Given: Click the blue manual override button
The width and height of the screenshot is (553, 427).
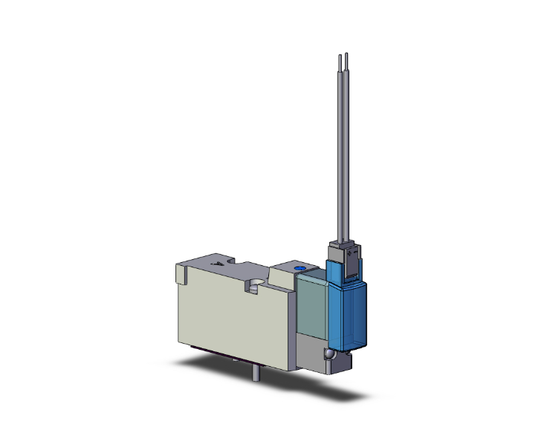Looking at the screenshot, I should pos(300,268).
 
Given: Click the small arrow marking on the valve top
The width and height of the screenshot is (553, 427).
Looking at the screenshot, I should pos(217,264).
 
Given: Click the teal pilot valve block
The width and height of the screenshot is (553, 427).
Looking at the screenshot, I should pos(310,304).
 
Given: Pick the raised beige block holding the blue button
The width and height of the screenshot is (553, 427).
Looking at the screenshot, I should pos(286,276).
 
